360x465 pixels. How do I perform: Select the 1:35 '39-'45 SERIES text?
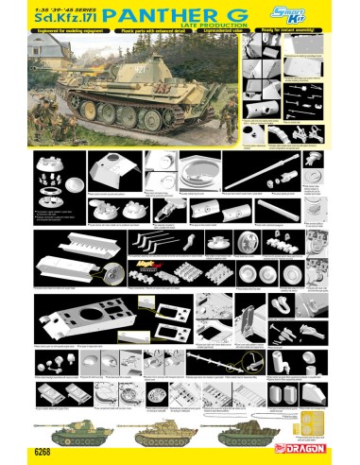(56, 8)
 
